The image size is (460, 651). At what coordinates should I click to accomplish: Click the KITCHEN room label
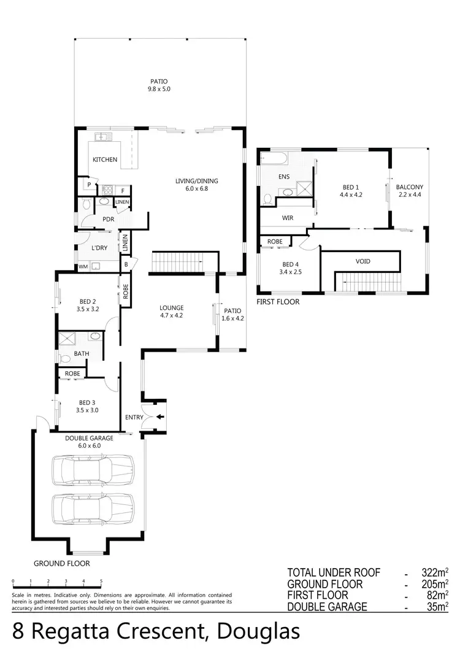point(105,160)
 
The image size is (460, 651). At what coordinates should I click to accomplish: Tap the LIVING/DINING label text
point(196,181)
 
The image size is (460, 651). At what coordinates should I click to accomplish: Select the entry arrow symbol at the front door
point(160,417)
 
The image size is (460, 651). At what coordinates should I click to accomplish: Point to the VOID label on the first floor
point(363,261)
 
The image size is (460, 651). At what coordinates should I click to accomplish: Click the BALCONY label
point(409,187)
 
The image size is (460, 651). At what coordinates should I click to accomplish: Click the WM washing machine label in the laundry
point(82,267)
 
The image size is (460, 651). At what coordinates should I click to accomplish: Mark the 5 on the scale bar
point(101,580)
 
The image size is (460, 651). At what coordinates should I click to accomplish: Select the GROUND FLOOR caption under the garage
point(61,563)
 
